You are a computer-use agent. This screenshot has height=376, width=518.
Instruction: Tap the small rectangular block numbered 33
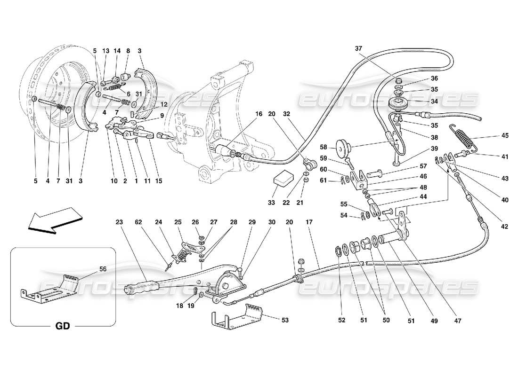point(283,179)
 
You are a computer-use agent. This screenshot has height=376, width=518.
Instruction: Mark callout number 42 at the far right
point(505,225)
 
